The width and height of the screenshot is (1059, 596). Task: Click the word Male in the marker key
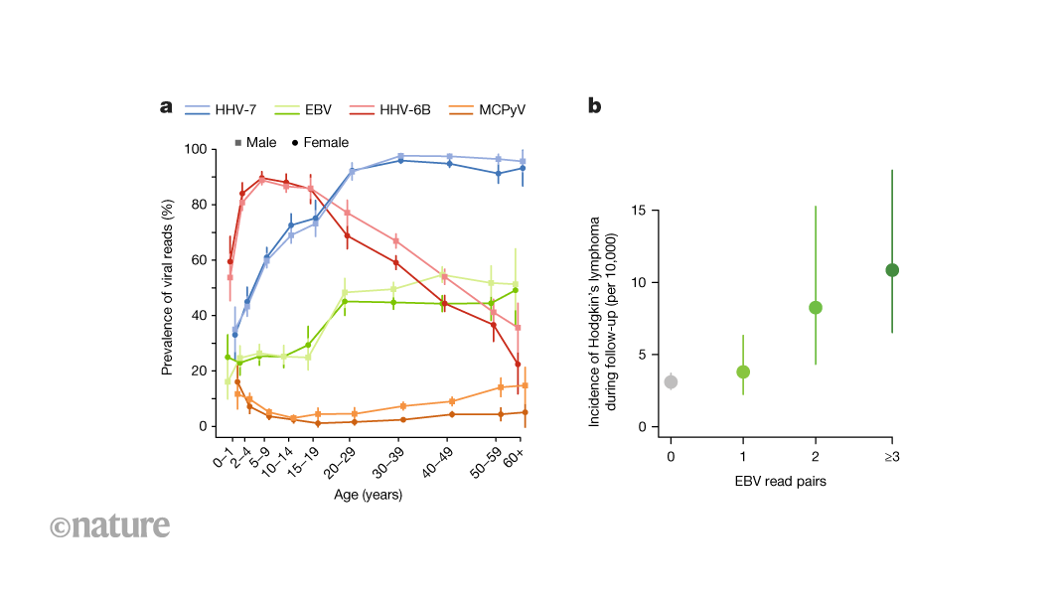[x=261, y=143]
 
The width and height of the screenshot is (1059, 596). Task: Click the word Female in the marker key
[x=325, y=143]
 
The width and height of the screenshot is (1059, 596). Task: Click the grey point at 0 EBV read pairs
[x=671, y=381]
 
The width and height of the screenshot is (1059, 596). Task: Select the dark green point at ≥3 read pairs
[x=892, y=270]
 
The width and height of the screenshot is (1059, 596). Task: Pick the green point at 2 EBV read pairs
[x=816, y=307]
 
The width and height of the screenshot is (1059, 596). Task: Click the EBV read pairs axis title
[x=781, y=482]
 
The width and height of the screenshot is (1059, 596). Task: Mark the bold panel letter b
[x=594, y=106]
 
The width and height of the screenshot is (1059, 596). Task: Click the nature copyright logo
[x=109, y=525]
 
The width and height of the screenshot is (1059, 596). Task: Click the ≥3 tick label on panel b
[x=892, y=456]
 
